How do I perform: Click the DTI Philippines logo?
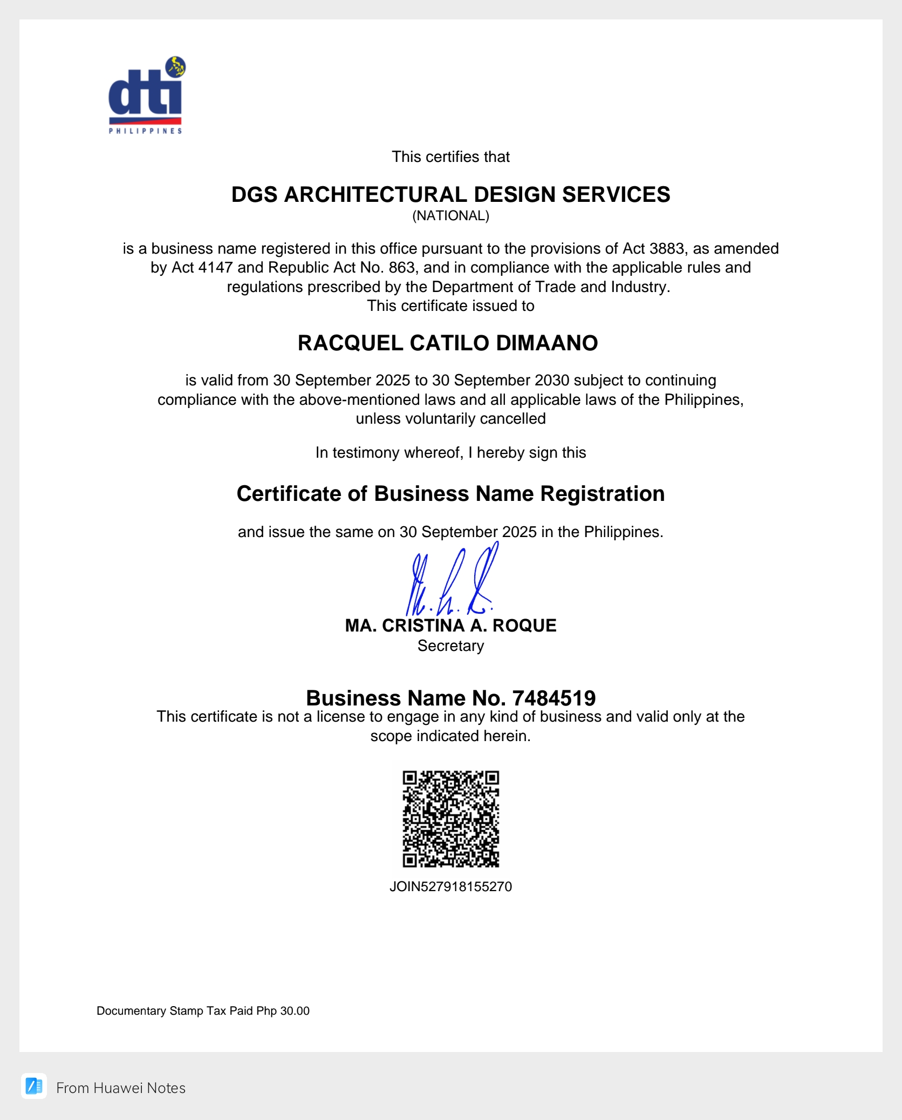(146, 96)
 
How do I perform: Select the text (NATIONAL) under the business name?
(450, 216)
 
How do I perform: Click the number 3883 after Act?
(667, 248)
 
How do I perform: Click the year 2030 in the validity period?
(551, 381)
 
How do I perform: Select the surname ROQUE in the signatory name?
(524, 626)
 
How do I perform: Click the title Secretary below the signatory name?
(450, 646)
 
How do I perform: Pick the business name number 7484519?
(553, 698)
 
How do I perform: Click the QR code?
(450, 819)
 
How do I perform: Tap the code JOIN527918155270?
(450, 887)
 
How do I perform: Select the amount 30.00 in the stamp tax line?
(295, 1011)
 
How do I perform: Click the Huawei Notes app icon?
(34, 1086)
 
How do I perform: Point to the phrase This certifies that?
(450, 157)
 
